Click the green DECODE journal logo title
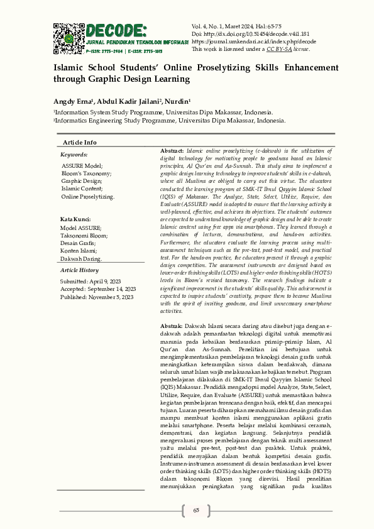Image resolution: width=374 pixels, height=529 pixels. (x=117, y=30)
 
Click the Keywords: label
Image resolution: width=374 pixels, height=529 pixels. (x=74, y=154)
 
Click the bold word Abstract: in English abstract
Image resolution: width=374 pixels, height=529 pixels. (x=172, y=152)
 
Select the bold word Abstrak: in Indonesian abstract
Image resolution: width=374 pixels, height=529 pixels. (x=172, y=327)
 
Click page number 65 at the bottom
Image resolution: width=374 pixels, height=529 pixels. (x=196, y=510)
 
